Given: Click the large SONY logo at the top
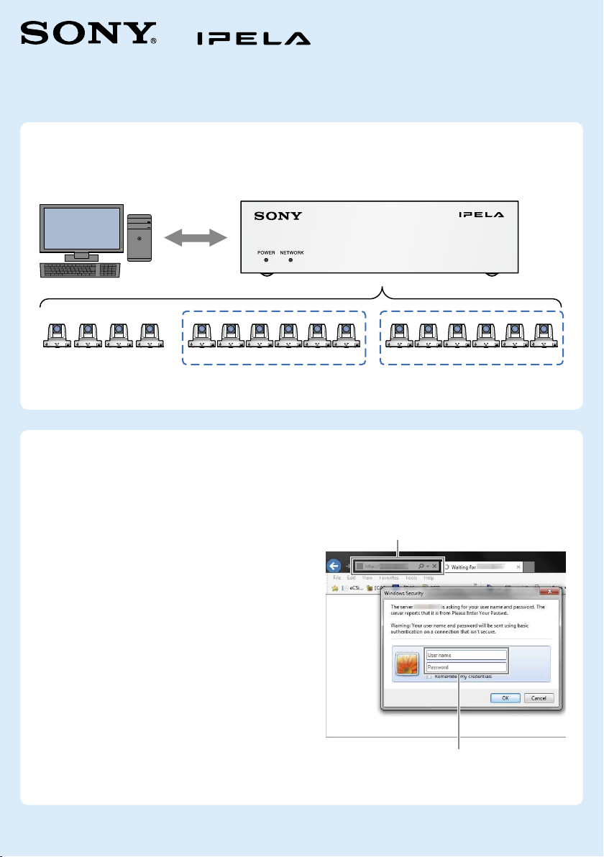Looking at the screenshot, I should [x=88, y=33].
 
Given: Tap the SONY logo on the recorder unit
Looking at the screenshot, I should [x=278, y=216].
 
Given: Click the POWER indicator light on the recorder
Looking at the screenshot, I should [x=265, y=260].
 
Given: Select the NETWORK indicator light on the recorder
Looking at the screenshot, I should [x=291, y=260].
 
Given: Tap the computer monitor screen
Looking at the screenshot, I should [x=81, y=229].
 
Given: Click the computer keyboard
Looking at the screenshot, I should [x=79, y=270].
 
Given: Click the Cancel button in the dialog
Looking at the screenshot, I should [x=539, y=697].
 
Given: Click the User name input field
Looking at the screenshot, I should [x=467, y=656].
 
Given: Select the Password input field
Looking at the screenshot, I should [x=467, y=667].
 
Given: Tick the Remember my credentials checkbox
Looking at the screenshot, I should [x=429, y=677].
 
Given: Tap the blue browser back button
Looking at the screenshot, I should [x=334, y=565].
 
